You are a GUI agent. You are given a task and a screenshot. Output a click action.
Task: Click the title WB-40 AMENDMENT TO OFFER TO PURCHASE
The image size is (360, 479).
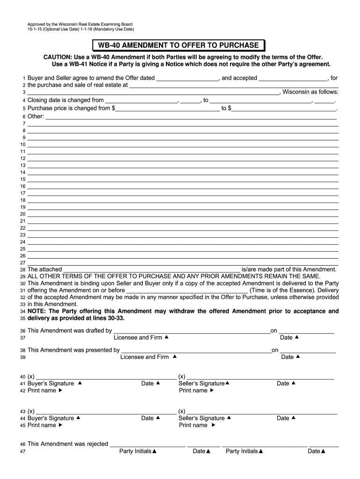pyautogui.click(x=178, y=45)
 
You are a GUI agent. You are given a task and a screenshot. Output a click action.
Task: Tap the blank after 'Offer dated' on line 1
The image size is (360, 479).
pyautogui.click(x=187, y=79)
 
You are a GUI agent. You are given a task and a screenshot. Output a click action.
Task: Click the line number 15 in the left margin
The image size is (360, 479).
pyautogui.click(x=22, y=180)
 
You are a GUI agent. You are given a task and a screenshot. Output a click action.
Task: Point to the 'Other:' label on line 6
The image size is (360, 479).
pyautogui.click(x=36, y=116)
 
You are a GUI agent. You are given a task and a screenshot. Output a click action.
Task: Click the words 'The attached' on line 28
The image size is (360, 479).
pyautogui.click(x=44, y=269)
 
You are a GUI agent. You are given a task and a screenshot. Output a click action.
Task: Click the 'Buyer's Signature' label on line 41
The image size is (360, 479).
pyautogui.click(x=50, y=384)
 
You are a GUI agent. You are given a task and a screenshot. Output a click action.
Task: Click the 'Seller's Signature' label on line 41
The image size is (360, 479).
pyautogui.click(x=202, y=384)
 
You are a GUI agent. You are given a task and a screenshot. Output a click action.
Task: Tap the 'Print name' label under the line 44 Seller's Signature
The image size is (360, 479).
pyautogui.click(x=193, y=425)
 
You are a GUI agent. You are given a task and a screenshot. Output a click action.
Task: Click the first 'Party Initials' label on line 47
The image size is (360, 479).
pyautogui.click(x=135, y=451)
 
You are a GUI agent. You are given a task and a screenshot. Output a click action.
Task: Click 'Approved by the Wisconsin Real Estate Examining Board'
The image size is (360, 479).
pyautogui.click(x=79, y=24)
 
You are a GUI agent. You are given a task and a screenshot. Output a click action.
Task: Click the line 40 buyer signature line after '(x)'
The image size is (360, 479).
pyautogui.click(x=105, y=377)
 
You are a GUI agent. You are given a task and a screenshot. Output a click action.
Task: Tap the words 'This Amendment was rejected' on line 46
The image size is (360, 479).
pyautogui.click(x=68, y=444)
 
